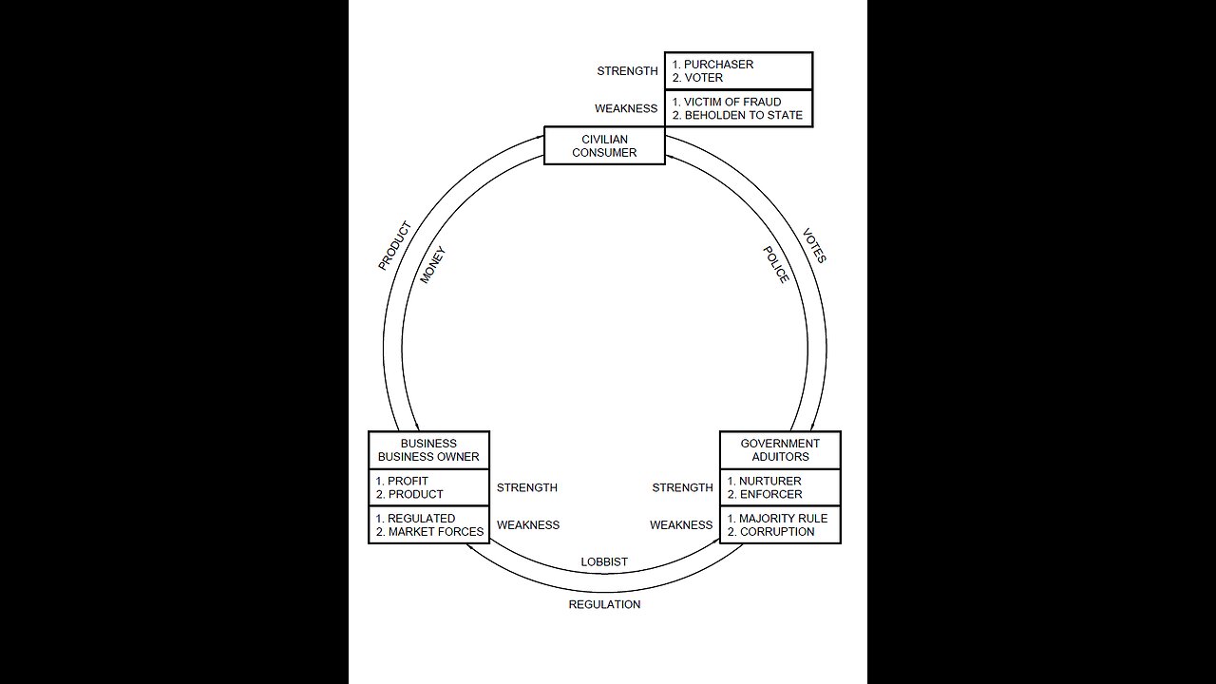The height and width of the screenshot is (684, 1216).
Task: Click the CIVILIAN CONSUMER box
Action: pyautogui.click(x=604, y=146)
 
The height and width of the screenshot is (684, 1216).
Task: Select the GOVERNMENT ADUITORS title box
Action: pyautogui.click(x=780, y=450)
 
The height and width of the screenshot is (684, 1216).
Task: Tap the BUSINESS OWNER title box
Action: pyautogui.click(x=428, y=450)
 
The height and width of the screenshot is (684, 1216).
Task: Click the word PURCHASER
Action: pyautogui.click(x=718, y=65)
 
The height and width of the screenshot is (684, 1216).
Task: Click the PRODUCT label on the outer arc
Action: pyautogui.click(x=394, y=246)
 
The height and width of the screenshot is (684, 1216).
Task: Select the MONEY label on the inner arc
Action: pyautogui.click(x=431, y=265)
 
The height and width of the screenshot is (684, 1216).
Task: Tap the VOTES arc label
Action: pyautogui.click(x=814, y=245)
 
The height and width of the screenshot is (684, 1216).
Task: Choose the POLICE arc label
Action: pyautogui.click(x=776, y=264)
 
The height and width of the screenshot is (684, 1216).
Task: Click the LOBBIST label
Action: pyautogui.click(x=604, y=562)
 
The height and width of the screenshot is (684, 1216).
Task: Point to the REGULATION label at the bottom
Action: pyautogui.click(x=604, y=604)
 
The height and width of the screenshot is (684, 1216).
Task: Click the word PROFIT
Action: pyautogui.click(x=408, y=481)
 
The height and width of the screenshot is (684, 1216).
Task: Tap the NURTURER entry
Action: pyautogui.click(x=769, y=481)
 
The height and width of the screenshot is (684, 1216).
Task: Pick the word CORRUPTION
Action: pyautogui.click(x=776, y=532)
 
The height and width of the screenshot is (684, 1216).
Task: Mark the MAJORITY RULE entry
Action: pyautogui.click(x=783, y=519)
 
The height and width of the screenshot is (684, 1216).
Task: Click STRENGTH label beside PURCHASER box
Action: pyautogui.click(x=627, y=71)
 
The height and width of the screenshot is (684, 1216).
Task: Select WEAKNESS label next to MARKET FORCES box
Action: pyautogui.click(x=528, y=525)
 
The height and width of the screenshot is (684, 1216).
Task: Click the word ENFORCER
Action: pyautogui.click(x=770, y=494)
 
